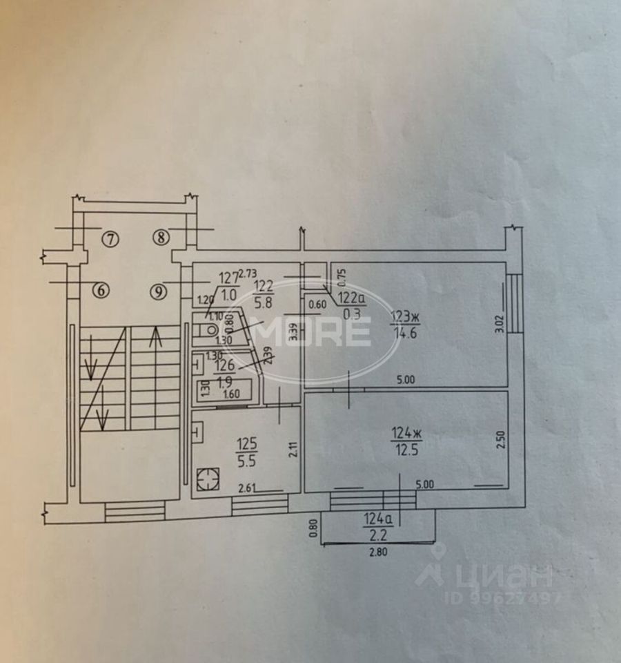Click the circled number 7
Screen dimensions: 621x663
(x=110, y=239)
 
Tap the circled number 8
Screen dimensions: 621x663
(x=161, y=238)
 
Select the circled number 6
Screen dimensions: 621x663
(x=101, y=291)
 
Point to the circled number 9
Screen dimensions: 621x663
(x=159, y=291)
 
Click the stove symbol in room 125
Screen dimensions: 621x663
(x=205, y=479)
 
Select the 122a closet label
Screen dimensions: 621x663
(x=351, y=298)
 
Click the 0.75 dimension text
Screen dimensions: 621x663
(x=340, y=276)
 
